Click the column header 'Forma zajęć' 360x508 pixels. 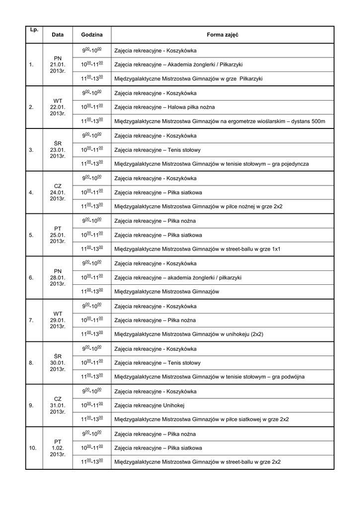point(222,35)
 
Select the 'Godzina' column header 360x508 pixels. point(92,35)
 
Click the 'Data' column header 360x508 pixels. point(58,35)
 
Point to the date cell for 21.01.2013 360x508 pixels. point(58,64)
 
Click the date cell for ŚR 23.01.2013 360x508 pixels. point(58,150)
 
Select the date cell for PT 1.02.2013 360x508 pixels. point(58,447)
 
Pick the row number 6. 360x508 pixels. point(32,277)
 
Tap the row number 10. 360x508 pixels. point(33,447)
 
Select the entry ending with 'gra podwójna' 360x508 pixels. point(209,377)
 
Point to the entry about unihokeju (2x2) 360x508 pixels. point(189,334)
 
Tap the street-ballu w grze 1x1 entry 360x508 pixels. point(197,249)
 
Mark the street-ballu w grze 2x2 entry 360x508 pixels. point(197,462)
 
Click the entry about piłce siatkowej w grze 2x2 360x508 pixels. point(201,419)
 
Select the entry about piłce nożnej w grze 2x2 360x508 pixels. point(198,206)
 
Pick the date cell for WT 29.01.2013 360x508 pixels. point(58,320)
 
